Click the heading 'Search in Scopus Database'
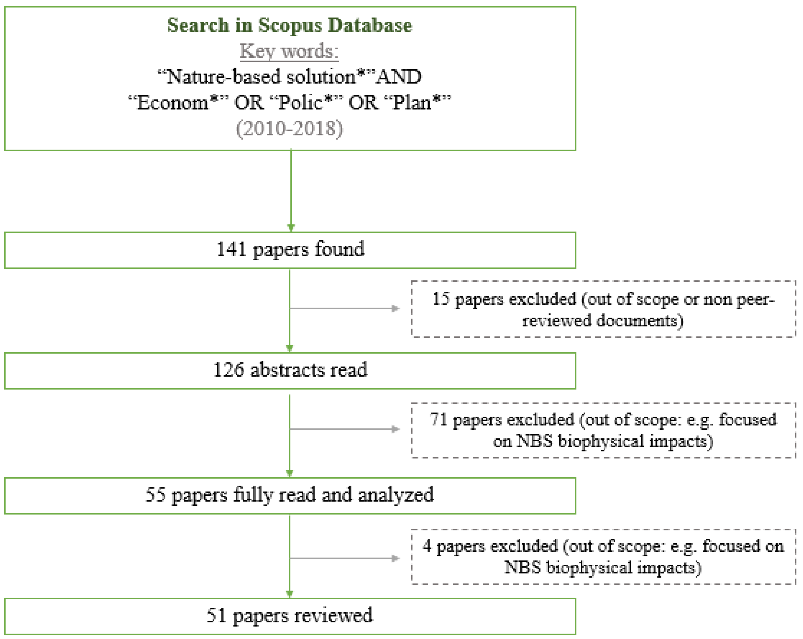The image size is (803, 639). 289,25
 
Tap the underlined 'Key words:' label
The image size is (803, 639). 289,51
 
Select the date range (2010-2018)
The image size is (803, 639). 289,128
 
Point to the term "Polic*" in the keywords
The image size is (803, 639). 305,102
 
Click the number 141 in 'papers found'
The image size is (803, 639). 231,249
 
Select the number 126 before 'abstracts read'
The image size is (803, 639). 228,370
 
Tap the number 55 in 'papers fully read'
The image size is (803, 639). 155,495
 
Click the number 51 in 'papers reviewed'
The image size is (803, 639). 216,616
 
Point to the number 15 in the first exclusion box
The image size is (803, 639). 441,299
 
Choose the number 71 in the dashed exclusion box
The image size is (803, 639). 439,420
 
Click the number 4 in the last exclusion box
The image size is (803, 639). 427,546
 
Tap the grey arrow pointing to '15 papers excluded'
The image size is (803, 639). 344,308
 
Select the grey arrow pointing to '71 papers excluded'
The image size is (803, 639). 344,429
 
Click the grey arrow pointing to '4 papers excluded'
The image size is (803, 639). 344,558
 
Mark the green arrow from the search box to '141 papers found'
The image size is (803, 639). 291,190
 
